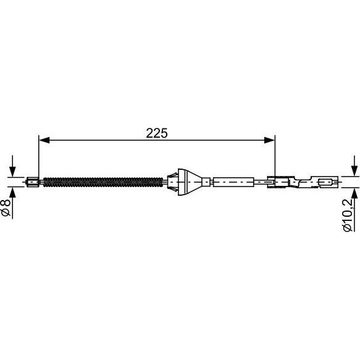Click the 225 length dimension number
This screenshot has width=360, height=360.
pos(157,133)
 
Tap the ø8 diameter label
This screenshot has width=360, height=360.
pos(6,207)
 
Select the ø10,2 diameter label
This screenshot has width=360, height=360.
pos(348,215)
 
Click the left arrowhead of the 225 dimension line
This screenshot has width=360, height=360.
pos(44,140)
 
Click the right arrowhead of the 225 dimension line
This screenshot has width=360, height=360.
pos(269,140)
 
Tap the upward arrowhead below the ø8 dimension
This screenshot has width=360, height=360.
pos(12,193)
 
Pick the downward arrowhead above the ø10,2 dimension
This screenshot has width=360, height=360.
pos(354,171)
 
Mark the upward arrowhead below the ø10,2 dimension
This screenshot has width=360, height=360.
pos(354,193)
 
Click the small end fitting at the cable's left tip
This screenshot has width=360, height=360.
pos(33,182)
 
